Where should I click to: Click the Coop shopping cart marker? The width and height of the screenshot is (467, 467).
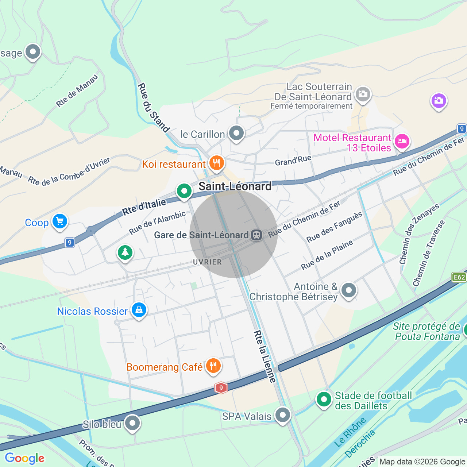[x=60, y=221]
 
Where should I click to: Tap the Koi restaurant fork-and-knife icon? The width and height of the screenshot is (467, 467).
[x=217, y=163]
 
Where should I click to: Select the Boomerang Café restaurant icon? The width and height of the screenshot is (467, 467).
[x=213, y=366]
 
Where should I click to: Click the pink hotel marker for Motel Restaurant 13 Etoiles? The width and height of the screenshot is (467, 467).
[x=402, y=141]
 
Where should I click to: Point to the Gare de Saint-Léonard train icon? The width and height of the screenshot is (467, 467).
[x=256, y=235]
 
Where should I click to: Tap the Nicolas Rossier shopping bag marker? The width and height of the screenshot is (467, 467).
[x=139, y=310]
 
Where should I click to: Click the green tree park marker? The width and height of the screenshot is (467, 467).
[x=125, y=252]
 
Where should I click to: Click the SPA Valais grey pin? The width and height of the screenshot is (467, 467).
[x=283, y=415]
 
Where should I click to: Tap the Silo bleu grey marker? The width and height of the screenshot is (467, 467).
[x=132, y=423]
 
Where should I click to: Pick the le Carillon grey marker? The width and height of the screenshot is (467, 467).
[x=236, y=133]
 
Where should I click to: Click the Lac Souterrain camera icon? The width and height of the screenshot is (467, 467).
[x=363, y=94]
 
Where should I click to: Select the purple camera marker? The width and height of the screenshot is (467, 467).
[x=439, y=101]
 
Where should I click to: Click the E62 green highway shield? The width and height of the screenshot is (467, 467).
[x=459, y=277]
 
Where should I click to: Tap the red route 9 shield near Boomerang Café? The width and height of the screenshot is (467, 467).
[x=221, y=388]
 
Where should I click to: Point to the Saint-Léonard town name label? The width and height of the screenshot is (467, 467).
[x=235, y=186]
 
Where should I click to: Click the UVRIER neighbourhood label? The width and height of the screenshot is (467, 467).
[x=207, y=262]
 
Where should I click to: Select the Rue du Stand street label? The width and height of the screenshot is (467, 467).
[x=153, y=108]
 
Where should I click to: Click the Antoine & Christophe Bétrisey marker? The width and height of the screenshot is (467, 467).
[x=349, y=290]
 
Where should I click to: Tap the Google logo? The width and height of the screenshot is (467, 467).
[x=25, y=458]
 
